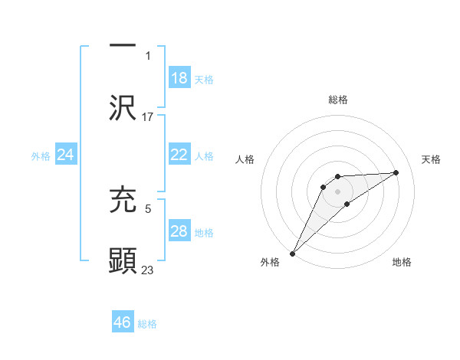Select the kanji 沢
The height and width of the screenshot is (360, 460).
123,108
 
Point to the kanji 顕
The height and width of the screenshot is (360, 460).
123,261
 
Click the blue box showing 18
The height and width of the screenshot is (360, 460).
179,78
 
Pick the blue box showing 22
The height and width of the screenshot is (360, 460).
179,155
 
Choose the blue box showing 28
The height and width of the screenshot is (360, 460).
179,231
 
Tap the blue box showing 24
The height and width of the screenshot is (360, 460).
66,155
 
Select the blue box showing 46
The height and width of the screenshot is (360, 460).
123,322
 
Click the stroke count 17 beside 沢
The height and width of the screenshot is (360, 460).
148,117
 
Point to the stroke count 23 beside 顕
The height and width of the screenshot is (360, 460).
148,270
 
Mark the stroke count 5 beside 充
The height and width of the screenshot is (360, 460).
147,207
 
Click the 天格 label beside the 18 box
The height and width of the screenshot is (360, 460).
204,80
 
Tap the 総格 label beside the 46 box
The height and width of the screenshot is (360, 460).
147,324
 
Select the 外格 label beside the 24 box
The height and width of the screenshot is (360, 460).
41,156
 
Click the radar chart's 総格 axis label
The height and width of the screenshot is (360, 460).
338,100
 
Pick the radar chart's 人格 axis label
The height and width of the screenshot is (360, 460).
245,159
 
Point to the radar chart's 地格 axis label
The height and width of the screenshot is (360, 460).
402,263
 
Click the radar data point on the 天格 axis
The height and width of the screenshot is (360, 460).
396,173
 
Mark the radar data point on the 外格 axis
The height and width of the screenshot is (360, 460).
292,253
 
